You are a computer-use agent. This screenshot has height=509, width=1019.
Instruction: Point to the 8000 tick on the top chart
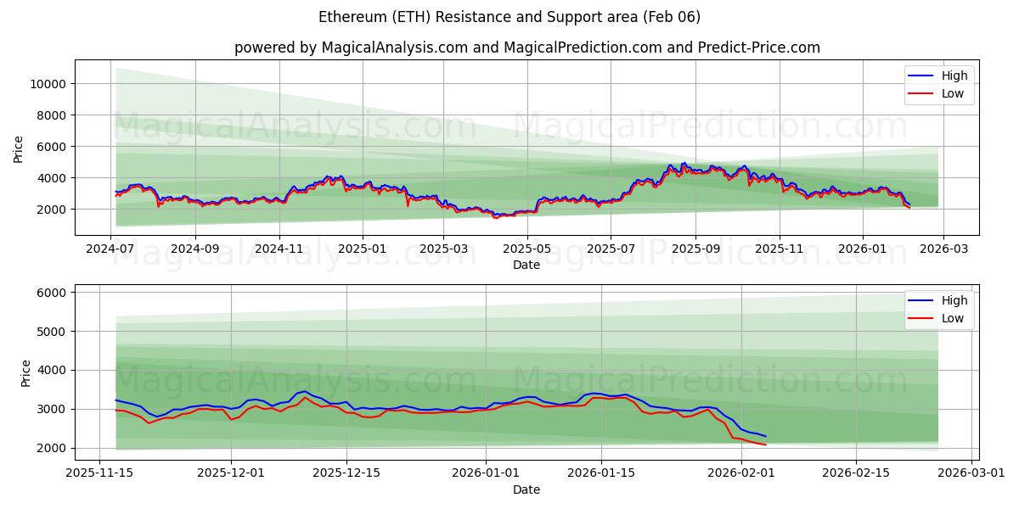53,115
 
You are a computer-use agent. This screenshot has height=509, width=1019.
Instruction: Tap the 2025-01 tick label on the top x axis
363,250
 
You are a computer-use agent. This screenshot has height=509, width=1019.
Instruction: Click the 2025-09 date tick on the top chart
695,250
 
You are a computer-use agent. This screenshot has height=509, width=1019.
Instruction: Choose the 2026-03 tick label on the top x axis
945,250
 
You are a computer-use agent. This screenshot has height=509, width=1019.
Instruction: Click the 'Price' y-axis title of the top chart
19,148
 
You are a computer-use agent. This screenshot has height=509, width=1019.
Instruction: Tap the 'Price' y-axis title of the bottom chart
25,373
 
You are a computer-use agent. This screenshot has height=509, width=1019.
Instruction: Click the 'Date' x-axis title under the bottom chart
526,489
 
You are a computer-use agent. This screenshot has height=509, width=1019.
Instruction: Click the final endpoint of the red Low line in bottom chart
765,445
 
